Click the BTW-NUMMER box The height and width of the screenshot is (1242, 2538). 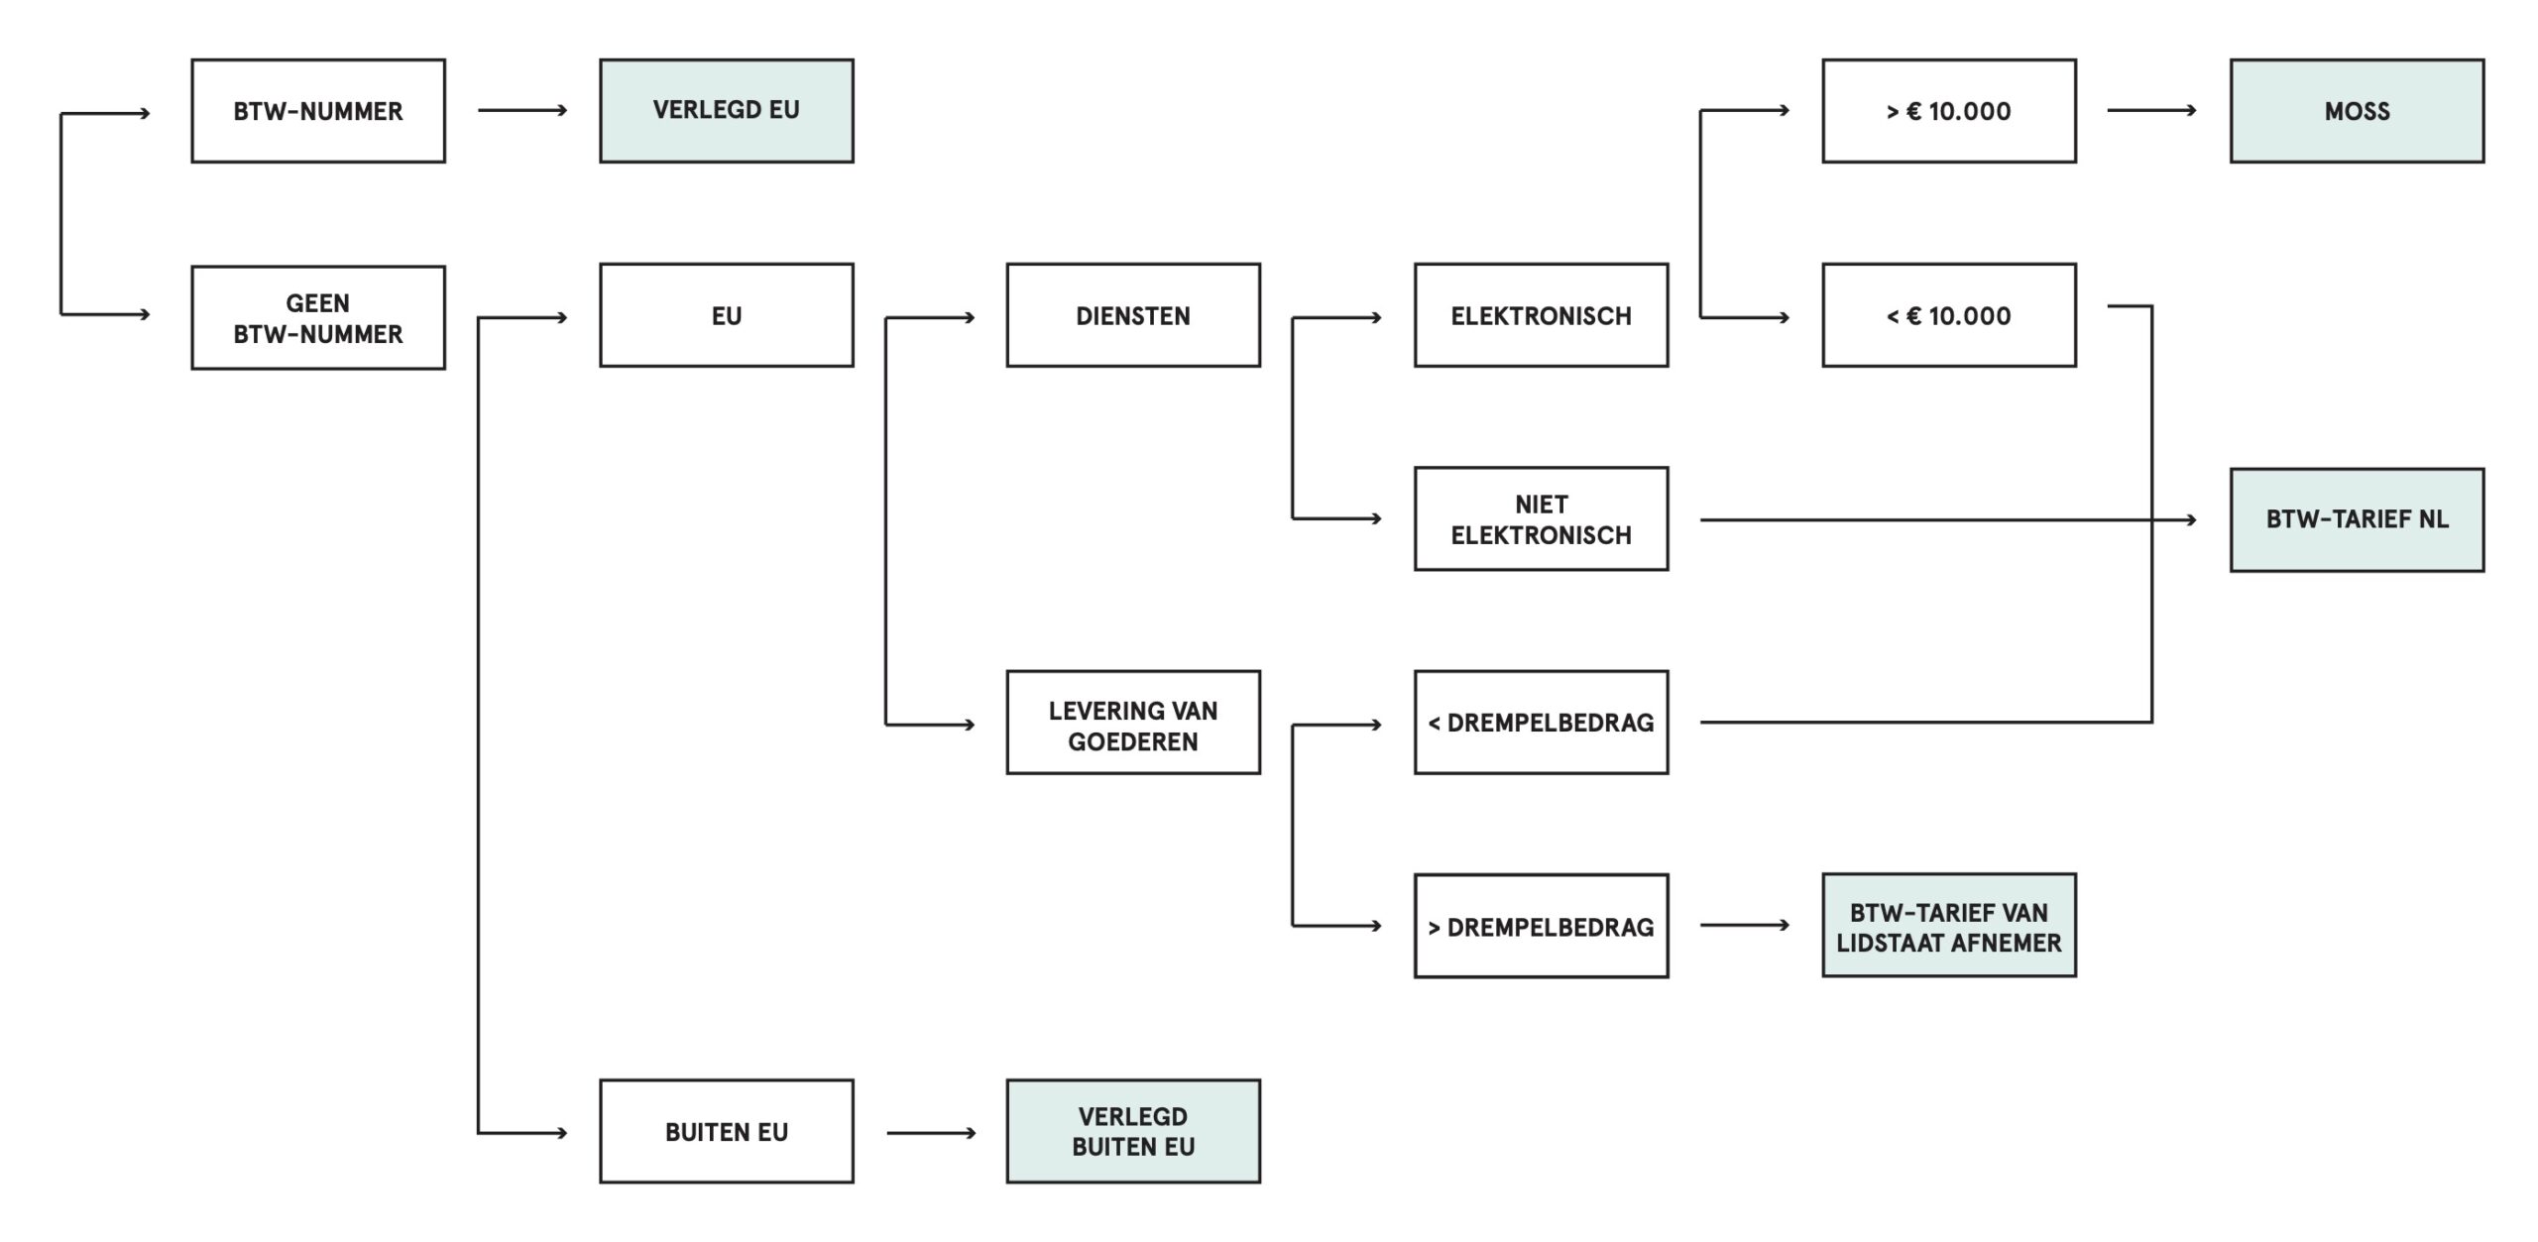tap(318, 111)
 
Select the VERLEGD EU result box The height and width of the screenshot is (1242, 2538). tap(726, 111)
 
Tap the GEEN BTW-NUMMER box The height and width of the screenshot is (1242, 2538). tap(318, 317)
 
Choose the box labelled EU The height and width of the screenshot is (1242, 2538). tap(726, 315)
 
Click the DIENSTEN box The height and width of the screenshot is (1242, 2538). tap(1133, 315)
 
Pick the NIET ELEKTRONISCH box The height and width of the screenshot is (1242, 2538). tap(1541, 519)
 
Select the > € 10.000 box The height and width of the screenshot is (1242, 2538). tap(1948, 111)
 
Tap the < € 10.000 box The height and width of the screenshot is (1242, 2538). tap(1948, 315)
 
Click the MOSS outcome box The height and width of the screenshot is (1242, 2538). tap(2357, 111)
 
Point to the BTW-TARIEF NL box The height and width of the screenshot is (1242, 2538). tap(2357, 519)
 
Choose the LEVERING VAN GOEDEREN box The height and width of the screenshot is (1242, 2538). tap(1133, 724)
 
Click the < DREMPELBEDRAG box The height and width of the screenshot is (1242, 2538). tap(1541, 724)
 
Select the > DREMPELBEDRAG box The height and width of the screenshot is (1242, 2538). tap(1541, 927)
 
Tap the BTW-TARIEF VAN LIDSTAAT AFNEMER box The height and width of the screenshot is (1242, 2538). tap(1948, 926)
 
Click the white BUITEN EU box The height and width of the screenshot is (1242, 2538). tap(726, 1132)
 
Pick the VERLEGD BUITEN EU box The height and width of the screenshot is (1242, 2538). tap(1133, 1132)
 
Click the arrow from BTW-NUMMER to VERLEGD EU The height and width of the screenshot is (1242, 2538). tap(522, 110)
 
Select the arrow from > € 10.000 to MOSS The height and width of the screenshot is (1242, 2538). tap(2151, 110)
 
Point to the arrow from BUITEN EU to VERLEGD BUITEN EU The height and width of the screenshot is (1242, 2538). tap(931, 1133)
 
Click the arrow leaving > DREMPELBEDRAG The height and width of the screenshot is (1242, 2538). tap(1745, 926)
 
